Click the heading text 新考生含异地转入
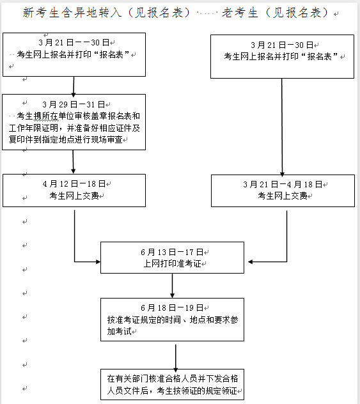tap(72, 12)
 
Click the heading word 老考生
tap(240, 12)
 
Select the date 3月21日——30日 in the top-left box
tap(74, 42)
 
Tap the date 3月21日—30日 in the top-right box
tap(282, 45)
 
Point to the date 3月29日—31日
tap(74, 104)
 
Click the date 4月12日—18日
tap(74, 183)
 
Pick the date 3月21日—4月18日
tap(283, 184)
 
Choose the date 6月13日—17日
tap(172, 252)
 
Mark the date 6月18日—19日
tap(172, 307)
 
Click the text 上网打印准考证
tap(172, 263)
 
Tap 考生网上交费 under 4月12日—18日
tap(74, 196)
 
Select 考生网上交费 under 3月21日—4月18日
tap(283, 196)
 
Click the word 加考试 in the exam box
tap(120, 331)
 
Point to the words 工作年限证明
tap(33, 128)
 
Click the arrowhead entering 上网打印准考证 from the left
tap(98, 262)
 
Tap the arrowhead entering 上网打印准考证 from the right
tap(250, 262)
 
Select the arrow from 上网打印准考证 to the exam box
tap(173, 286)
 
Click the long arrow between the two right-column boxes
tap(282, 127)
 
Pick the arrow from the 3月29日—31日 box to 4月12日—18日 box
tap(73, 162)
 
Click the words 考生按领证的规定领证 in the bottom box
tap(196, 391)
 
